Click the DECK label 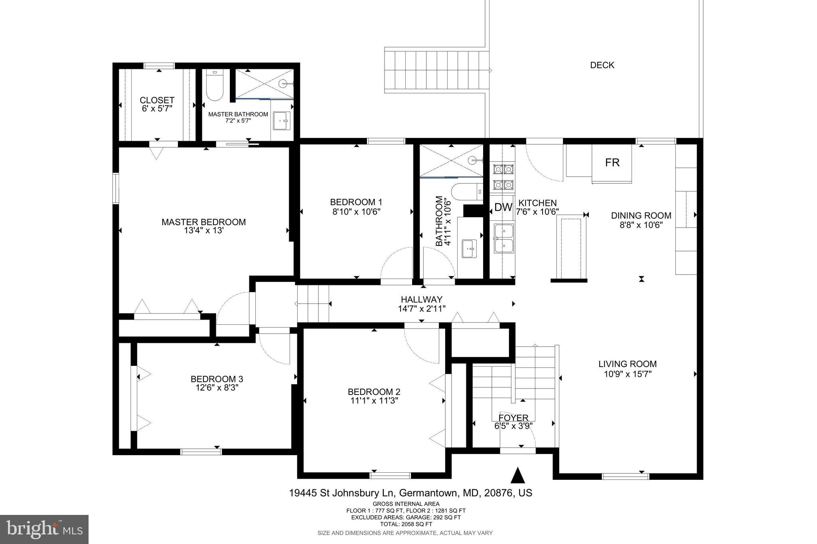coord(602,65)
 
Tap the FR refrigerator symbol coord(612,163)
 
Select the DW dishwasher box coord(503,207)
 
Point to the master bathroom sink coord(282,121)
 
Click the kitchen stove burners coord(503,177)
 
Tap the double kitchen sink coord(504,238)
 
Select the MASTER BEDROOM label coord(203,222)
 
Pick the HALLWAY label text coord(421,299)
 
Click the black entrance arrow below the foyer coord(517,475)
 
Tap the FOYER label coord(513,418)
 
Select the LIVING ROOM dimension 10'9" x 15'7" coord(628,374)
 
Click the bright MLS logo coord(44,530)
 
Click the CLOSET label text coord(157,100)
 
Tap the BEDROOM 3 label coord(217,379)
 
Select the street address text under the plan coord(410,493)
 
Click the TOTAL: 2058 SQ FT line coord(406,524)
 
